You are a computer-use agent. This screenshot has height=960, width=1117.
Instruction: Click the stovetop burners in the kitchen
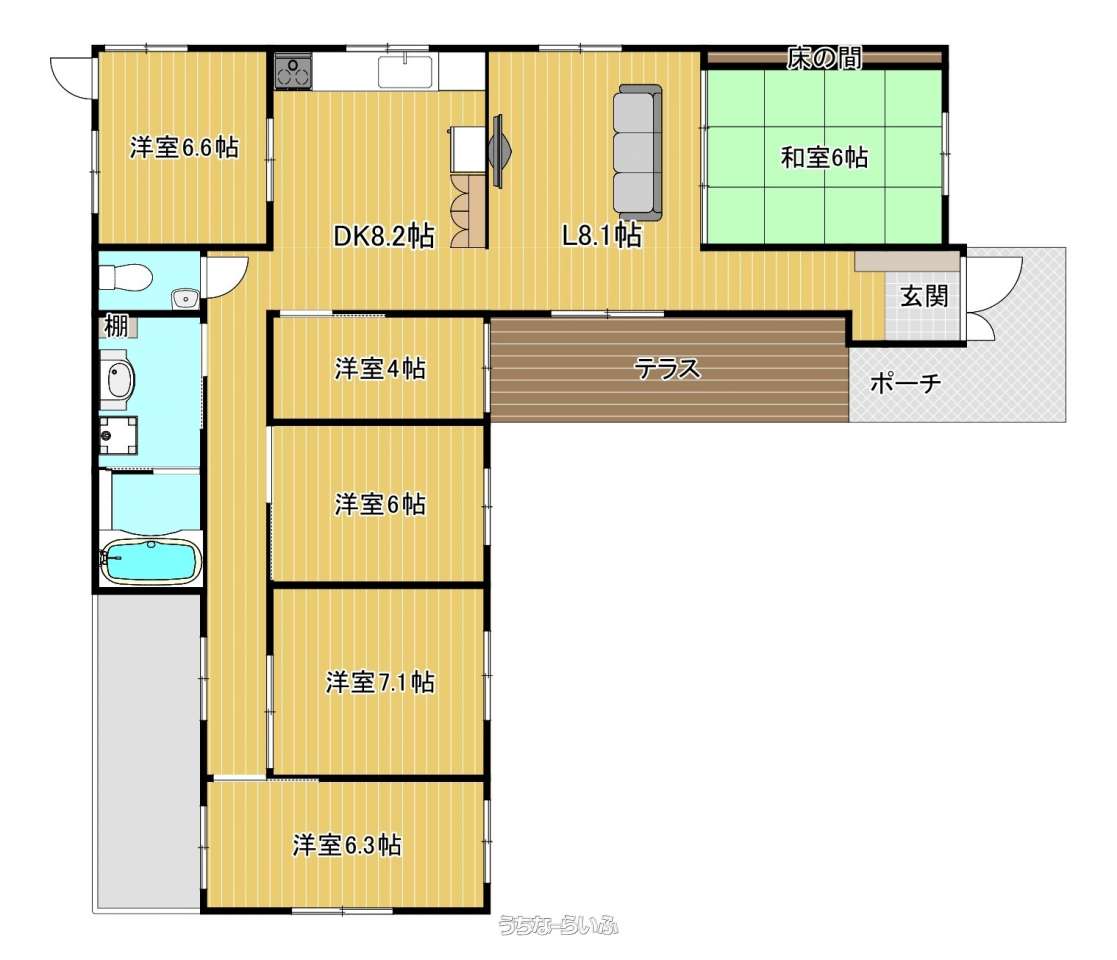(x=293, y=71)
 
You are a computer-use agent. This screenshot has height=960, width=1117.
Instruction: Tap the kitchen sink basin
(x=405, y=71)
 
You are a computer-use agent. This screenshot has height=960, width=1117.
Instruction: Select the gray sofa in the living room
(x=638, y=152)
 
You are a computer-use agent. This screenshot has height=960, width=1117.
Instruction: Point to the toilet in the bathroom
(x=125, y=276)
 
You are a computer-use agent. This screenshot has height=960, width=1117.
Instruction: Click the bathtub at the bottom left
(x=150, y=561)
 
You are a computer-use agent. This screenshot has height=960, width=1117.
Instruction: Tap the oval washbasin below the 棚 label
(x=120, y=378)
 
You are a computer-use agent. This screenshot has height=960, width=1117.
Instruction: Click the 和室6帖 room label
(x=824, y=157)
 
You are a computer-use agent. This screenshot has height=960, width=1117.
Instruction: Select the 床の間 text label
(x=824, y=58)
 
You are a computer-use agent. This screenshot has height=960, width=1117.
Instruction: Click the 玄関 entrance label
(x=924, y=296)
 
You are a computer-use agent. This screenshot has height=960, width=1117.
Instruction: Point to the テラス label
(x=667, y=369)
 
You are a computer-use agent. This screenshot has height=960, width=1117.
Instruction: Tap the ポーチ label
(x=905, y=384)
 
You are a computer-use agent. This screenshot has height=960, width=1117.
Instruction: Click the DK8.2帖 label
(x=383, y=236)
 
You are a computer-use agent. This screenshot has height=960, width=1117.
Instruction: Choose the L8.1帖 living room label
(x=601, y=234)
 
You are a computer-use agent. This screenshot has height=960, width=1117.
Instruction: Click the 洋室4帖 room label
(x=380, y=369)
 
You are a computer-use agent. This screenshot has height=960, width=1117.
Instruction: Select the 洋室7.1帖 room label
(x=380, y=682)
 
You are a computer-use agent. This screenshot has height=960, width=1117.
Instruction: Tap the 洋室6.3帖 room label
(x=347, y=845)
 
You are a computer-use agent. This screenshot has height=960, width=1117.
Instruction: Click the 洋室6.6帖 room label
(x=184, y=147)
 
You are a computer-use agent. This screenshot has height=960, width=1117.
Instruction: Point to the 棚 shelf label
(x=116, y=326)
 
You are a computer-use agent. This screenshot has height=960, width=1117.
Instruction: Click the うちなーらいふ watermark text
(x=558, y=925)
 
